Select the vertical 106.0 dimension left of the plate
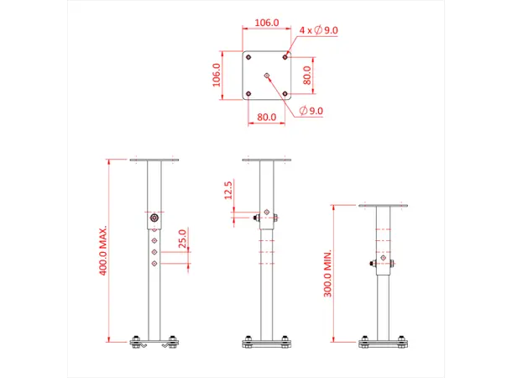click(x=217, y=76)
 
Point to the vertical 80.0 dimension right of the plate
click(x=307, y=76)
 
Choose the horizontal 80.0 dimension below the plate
click(x=267, y=118)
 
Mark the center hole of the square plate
click(x=267, y=76)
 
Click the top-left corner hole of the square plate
click(x=249, y=58)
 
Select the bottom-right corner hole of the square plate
click(x=285, y=93)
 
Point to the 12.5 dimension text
click(x=229, y=192)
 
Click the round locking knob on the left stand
click(x=154, y=219)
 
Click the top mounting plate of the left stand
click(x=154, y=160)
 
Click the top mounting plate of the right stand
click(x=383, y=206)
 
